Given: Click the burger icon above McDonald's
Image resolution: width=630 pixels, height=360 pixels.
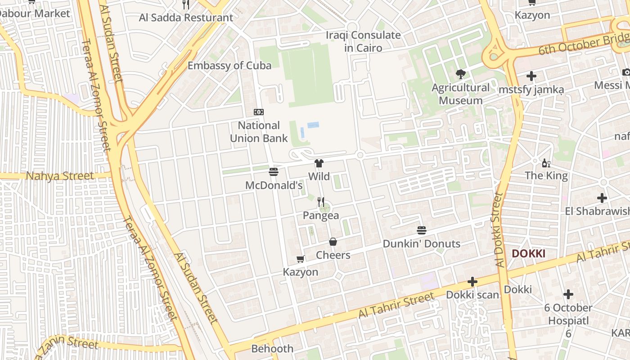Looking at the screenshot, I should pos(273,171).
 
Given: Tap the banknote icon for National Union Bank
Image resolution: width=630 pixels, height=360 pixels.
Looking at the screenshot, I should pos(259,112).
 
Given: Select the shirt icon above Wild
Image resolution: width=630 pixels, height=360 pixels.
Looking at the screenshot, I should pos(319,163).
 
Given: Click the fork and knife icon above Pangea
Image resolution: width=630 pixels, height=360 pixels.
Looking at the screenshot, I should pos(321,202).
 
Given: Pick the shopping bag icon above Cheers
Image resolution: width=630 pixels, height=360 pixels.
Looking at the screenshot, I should pos(333,242).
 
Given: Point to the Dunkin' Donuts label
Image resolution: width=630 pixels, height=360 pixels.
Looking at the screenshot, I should pos(421,244).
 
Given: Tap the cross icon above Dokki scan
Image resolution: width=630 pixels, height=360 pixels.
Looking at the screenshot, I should pos(472,282).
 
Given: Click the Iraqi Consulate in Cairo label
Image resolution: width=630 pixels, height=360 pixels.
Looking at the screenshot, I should pos(363,41).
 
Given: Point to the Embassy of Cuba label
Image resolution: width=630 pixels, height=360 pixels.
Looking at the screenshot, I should pos(229,66).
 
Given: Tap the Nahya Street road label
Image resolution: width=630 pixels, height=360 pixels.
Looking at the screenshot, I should pos(60,175).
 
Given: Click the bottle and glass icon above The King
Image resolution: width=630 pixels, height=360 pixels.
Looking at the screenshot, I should pos(546,163).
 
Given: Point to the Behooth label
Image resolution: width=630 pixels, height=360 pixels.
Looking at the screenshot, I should pos(272,349).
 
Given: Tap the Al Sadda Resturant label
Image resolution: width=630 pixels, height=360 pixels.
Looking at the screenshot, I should pos(186,18).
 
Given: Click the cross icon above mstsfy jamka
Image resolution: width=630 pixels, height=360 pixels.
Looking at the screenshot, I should pos(531,76).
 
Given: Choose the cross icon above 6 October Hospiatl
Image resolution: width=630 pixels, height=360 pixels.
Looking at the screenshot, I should pos(568,295).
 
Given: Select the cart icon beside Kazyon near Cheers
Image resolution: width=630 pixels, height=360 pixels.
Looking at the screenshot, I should pos(301,259).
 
